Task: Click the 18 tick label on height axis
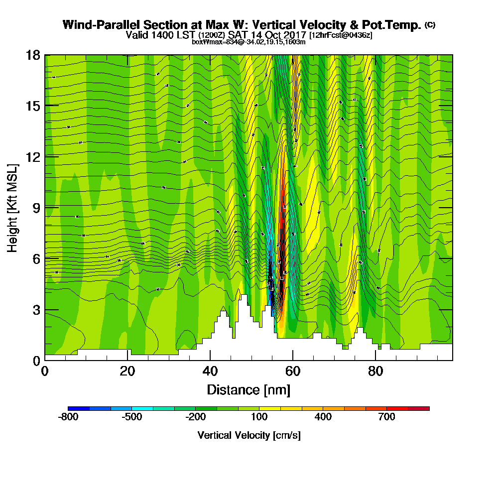click(x=33, y=55)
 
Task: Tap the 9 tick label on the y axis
click(x=36, y=207)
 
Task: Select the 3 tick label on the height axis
click(x=36, y=309)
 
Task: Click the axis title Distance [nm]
click(x=249, y=389)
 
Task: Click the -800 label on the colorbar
click(x=68, y=417)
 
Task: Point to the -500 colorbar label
click(x=132, y=417)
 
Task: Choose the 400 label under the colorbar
click(x=323, y=417)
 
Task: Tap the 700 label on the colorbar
click(x=387, y=417)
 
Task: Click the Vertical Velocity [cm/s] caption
click(x=249, y=435)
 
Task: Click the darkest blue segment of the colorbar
click(x=79, y=408)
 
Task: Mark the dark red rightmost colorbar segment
click(x=419, y=408)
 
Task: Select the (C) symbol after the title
click(x=430, y=25)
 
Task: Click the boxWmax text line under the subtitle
click(x=249, y=42)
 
